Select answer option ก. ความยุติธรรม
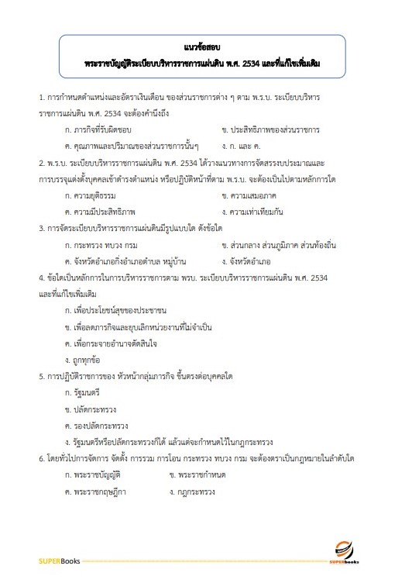[98, 195]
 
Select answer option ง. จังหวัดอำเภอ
[249, 260]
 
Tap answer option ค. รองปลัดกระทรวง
[99, 425]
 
